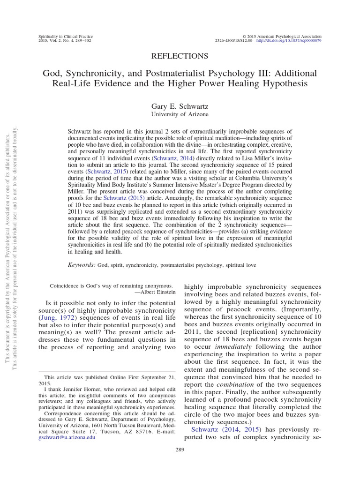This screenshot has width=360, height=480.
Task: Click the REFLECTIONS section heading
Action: pos(180,56)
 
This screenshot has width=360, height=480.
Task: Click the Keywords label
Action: pos(82,265)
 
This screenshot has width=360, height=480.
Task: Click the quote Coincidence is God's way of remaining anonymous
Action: pos(111,285)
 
